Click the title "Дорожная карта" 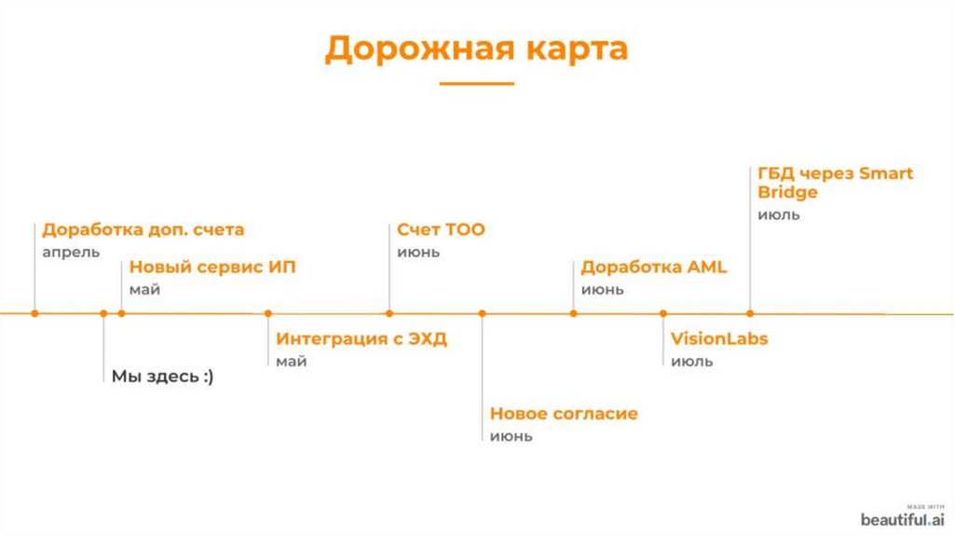476,48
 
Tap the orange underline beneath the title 476,84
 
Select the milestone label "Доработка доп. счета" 143,229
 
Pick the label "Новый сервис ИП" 211,267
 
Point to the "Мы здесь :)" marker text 162,377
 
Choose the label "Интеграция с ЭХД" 361,339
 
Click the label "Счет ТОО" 441,229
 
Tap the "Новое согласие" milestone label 564,414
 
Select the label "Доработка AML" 653,267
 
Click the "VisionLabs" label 719,339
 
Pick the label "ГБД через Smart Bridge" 834,183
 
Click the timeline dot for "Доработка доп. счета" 34,313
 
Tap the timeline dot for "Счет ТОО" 389,313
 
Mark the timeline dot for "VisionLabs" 663,313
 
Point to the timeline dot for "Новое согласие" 483,313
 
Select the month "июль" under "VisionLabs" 691,362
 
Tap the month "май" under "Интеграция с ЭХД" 291,362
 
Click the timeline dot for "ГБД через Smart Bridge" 750,313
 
